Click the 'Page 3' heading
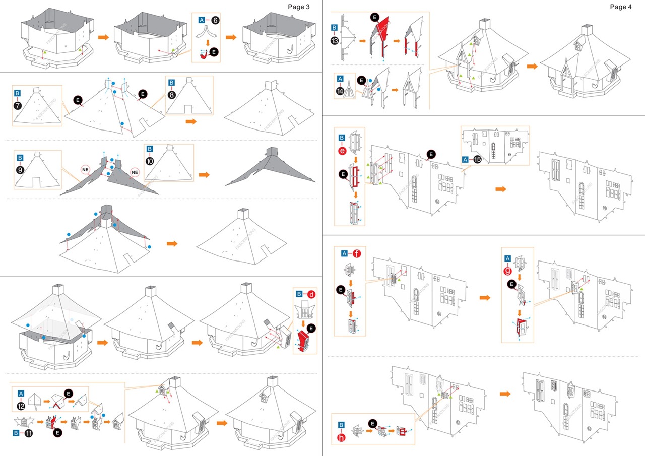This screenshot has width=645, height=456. (x=299, y=7)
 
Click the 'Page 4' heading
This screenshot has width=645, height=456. (x=620, y=7)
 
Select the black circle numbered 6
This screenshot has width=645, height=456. (x=215, y=20)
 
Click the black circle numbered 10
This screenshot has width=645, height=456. (x=150, y=162)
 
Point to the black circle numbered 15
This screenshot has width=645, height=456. (x=477, y=159)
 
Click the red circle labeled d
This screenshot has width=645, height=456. (x=311, y=294)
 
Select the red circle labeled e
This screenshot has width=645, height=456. (x=342, y=150)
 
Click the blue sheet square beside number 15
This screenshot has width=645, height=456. (x=465, y=159)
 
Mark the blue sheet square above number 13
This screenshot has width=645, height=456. (x=335, y=28)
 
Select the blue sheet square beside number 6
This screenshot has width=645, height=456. (x=202, y=20)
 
